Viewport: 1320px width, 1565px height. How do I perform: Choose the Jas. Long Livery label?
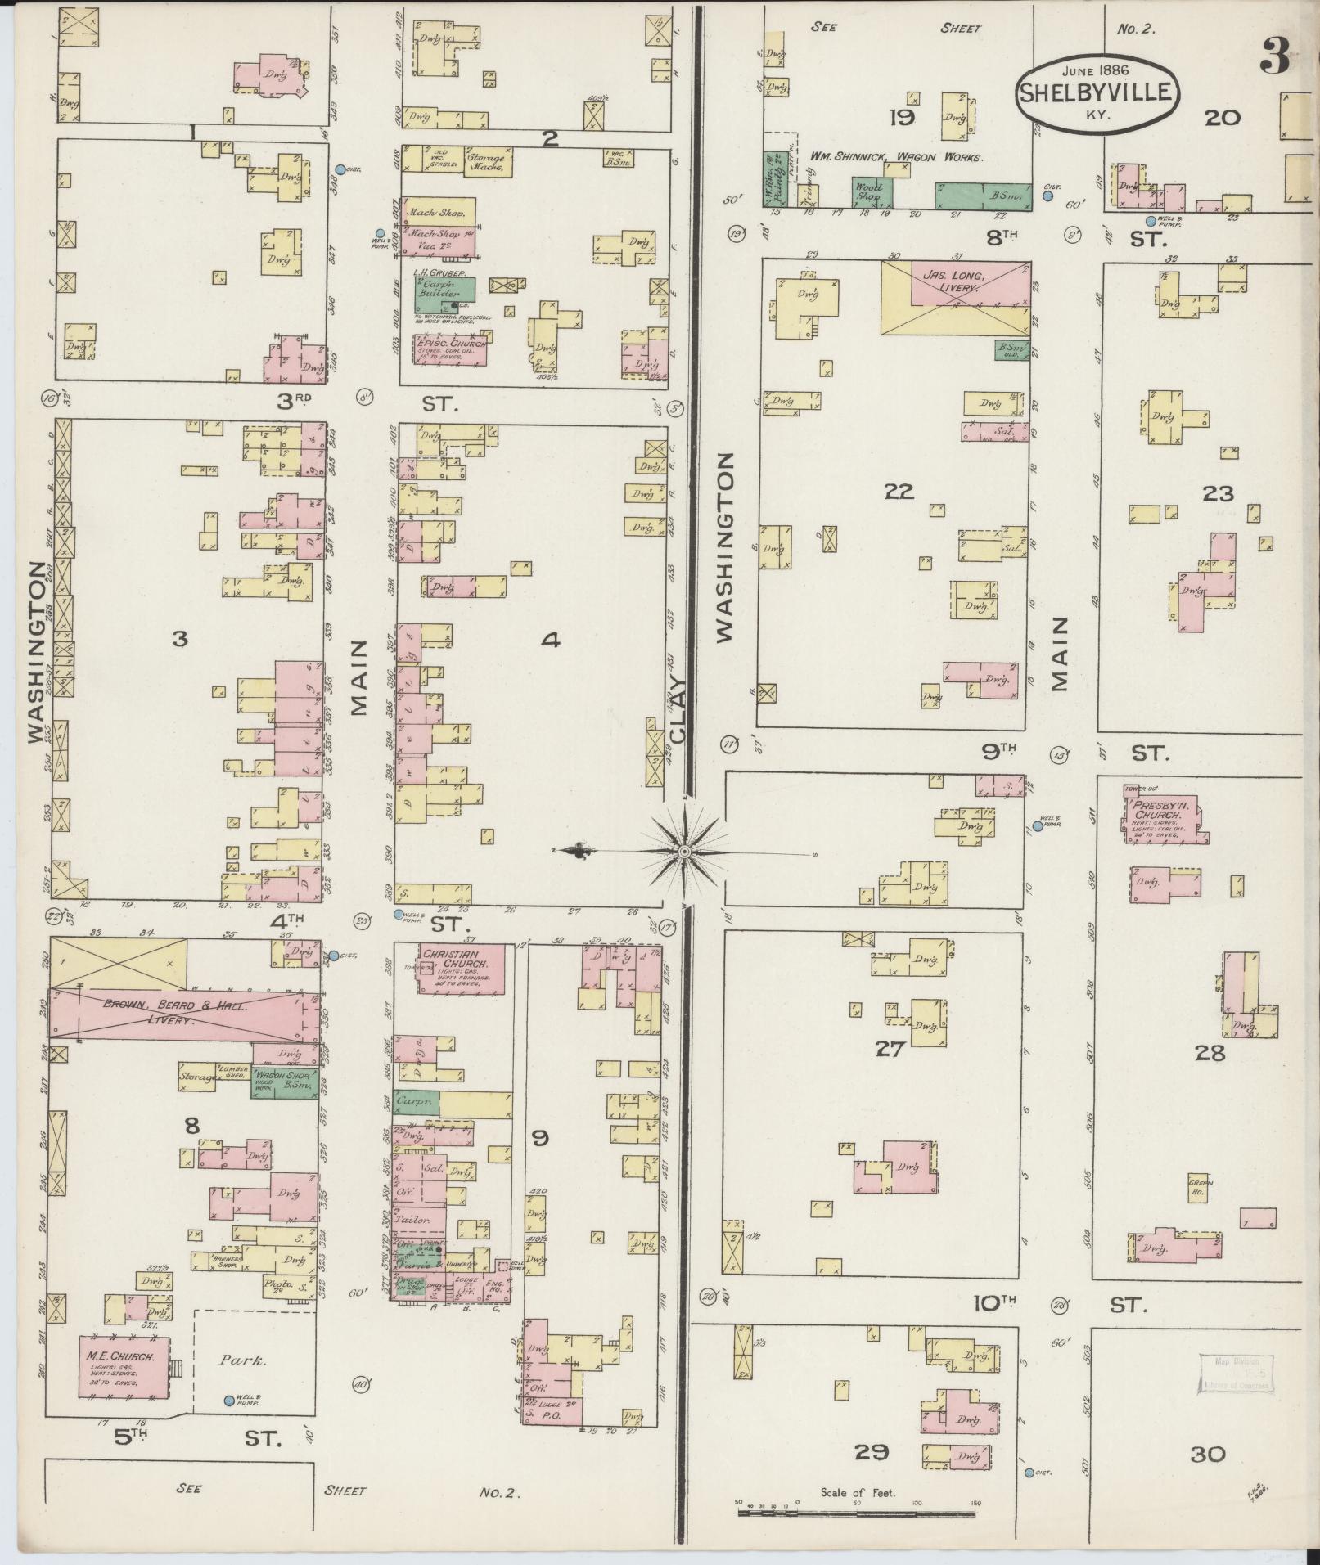(x=953, y=282)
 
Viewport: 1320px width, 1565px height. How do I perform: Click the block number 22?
(x=898, y=492)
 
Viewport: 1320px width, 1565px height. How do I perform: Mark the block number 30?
(x=1207, y=1455)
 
